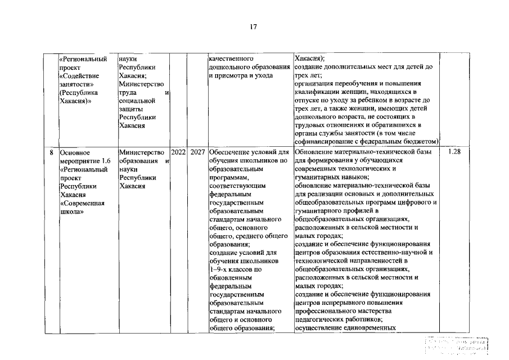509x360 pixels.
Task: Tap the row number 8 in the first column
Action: [x=51, y=152]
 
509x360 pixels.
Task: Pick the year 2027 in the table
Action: [x=197, y=152]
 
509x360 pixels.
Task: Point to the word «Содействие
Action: [x=79, y=75]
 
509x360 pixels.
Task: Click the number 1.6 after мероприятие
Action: [x=105, y=160]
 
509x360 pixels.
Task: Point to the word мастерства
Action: [x=381, y=311]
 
